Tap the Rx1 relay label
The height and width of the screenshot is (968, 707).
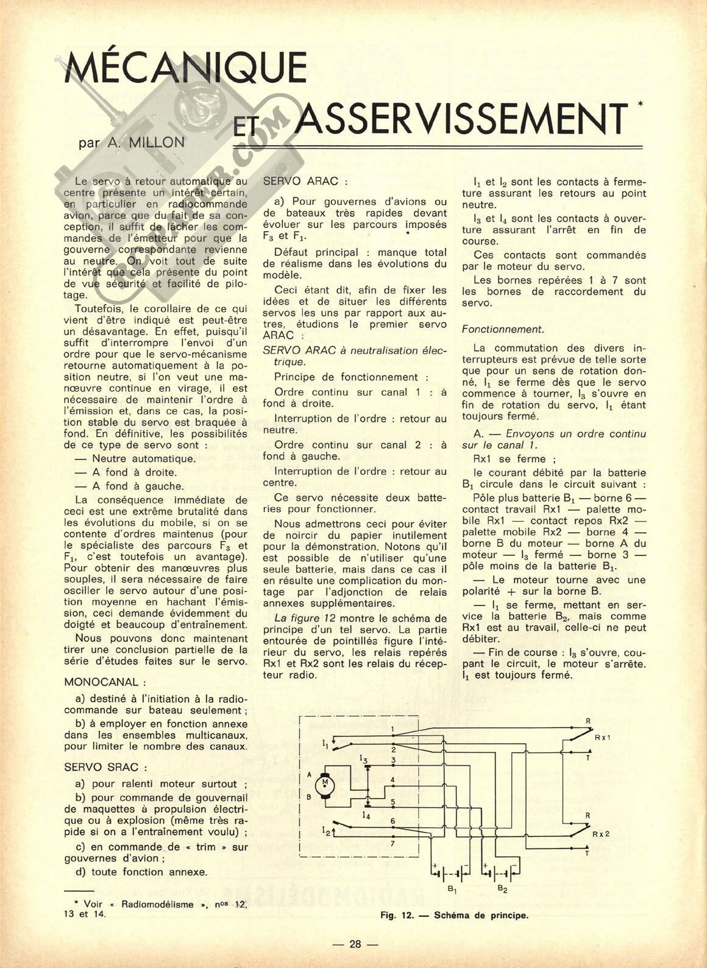point(602,737)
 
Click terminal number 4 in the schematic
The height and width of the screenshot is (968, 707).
point(393,780)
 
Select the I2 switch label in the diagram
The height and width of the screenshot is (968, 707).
point(327,830)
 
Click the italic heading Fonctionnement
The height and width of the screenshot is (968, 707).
point(502,329)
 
